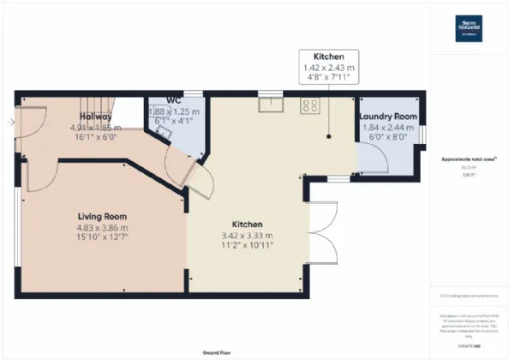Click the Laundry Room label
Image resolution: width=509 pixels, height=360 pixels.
click(387, 116)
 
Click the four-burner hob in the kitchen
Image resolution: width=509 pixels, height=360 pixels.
click(309, 106)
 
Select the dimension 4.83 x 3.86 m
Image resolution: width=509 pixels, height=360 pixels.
click(102, 228)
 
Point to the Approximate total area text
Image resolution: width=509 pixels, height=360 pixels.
click(468, 159)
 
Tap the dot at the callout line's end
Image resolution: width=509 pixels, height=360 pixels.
click(328, 136)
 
